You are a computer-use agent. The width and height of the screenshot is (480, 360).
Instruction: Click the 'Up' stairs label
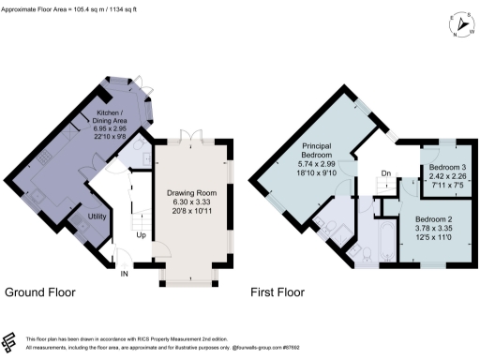coord(142,234)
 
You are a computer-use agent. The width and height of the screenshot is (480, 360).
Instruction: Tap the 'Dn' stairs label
coord(385,173)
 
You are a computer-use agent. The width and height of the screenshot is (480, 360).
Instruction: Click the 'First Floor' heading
coord(277,292)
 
